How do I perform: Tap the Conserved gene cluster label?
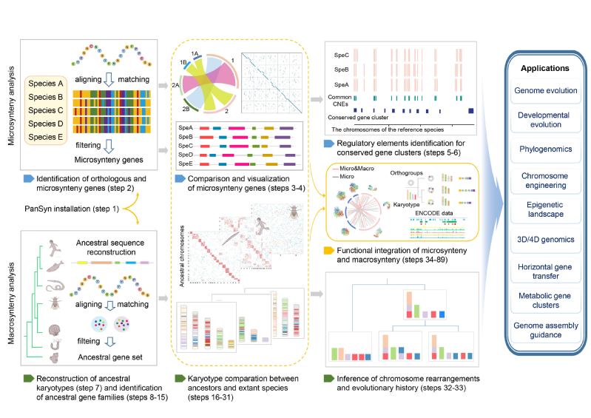[x=361, y=117]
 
